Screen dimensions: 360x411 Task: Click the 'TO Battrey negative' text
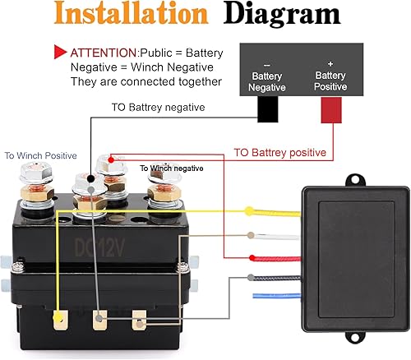pyautogui.click(x=157, y=107)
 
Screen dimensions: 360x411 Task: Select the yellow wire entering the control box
pyautogui.click(x=271, y=211)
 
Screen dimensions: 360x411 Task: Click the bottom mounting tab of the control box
pyautogui.click(x=355, y=337)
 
